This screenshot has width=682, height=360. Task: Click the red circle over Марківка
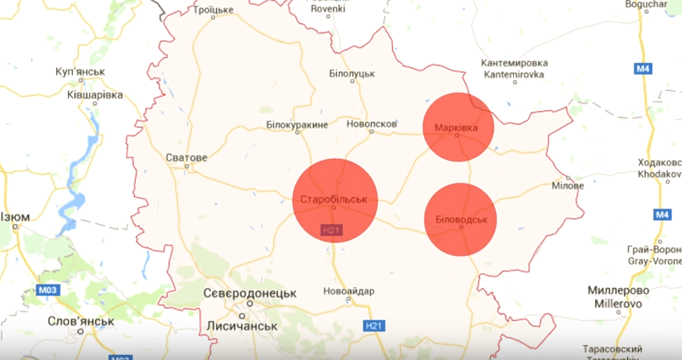(x=459, y=127)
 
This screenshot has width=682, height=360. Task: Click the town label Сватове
(x=186, y=157)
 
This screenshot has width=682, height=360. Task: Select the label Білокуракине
(x=297, y=125)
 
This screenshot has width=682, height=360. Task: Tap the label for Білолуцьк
(x=352, y=74)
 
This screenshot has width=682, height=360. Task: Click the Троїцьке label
(x=213, y=10)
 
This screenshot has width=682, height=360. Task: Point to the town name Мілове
(x=568, y=185)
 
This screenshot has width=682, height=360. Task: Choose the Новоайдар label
(x=349, y=291)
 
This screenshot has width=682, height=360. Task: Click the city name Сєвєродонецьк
(x=249, y=294)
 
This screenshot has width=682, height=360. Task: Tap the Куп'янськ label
(x=80, y=72)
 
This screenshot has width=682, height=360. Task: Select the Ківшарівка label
(x=94, y=94)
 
